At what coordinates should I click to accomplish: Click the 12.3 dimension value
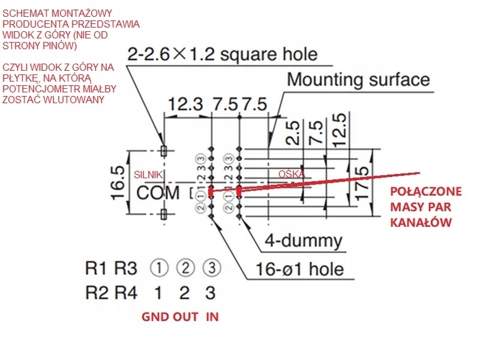click(x=186, y=104)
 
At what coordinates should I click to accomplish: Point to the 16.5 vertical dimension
click(x=118, y=183)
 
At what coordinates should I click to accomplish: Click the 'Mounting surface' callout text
click(x=358, y=79)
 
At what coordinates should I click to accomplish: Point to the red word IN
click(x=212, y=317)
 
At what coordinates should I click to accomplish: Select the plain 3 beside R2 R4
click(x=209, y=293)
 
